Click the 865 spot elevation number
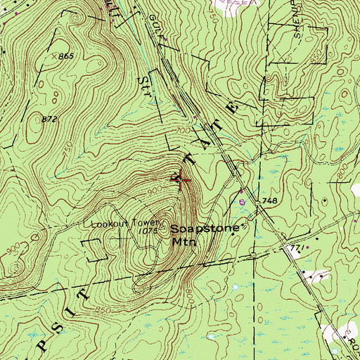click(x=67, y=56)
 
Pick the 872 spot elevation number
click(x=49, y=120)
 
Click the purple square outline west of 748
click(x=243, y=202)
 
